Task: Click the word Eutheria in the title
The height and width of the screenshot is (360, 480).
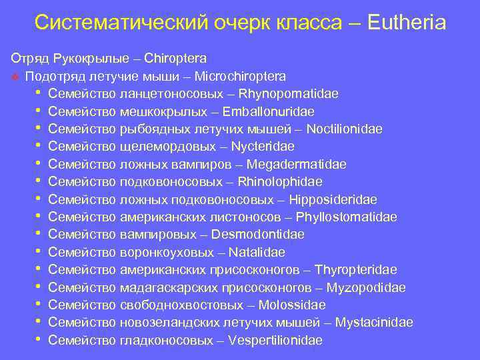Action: (405, 24)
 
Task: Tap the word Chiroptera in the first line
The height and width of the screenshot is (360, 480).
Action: (180, 59)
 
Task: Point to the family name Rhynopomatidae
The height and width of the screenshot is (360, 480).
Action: (292, 93)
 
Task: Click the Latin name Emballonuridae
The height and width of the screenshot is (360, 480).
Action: (269, 111)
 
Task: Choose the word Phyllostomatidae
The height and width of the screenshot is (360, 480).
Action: (347, 217)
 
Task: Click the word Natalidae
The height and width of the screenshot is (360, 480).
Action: (257, 252)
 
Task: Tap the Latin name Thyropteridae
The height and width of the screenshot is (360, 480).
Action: (355, 270)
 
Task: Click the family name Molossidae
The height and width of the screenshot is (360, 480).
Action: (291, 305)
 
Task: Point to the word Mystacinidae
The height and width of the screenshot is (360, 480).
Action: (374, 323)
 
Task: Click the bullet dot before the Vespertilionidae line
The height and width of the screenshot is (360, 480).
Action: (40, 339)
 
